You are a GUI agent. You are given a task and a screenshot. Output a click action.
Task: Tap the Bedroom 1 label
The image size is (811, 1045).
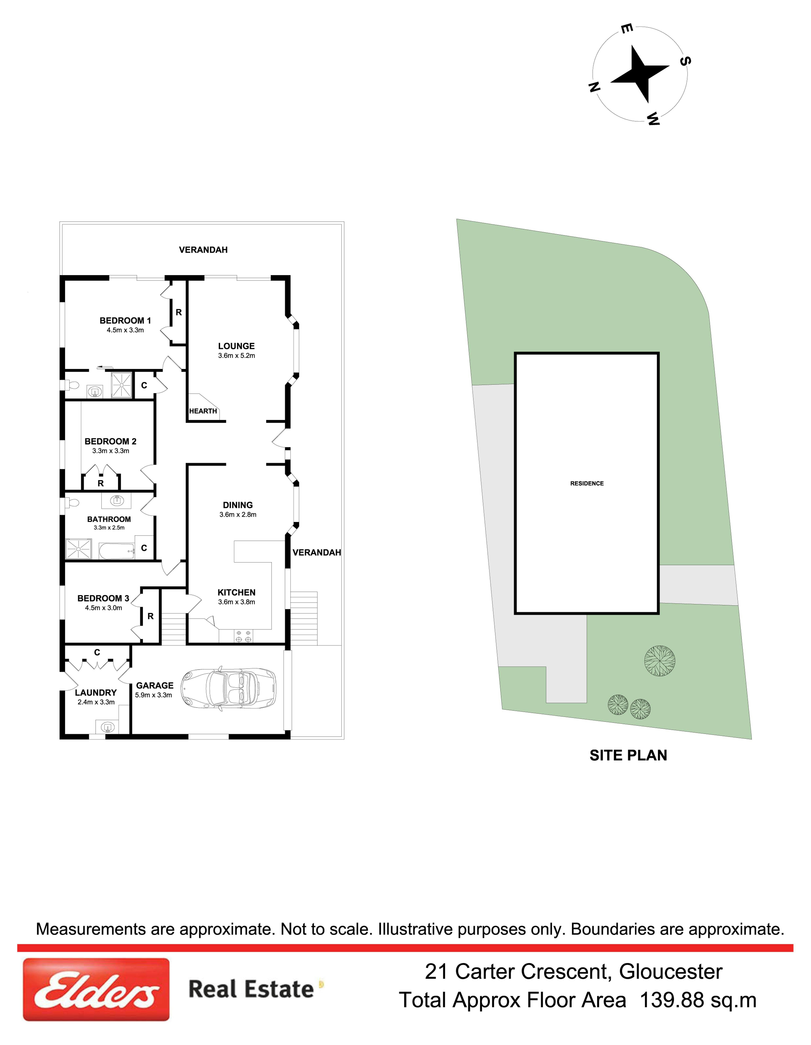coord(125,321)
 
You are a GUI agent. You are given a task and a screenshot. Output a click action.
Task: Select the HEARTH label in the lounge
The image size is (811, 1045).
coord(203,411)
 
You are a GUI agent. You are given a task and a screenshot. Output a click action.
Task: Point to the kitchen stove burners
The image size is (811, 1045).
coord(243,636)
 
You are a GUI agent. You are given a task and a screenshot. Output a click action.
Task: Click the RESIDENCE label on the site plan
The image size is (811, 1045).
coord(587,483)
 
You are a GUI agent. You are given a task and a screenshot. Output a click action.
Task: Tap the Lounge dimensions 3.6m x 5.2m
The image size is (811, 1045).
coord(236,356)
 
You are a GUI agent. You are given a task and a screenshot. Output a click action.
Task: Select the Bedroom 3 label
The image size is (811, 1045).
coord(103,598)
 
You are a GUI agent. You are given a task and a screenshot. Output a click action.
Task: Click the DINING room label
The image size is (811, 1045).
coord(238,505)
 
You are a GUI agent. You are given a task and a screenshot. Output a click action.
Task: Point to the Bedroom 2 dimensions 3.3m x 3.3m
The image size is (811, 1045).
coord(111,451)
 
